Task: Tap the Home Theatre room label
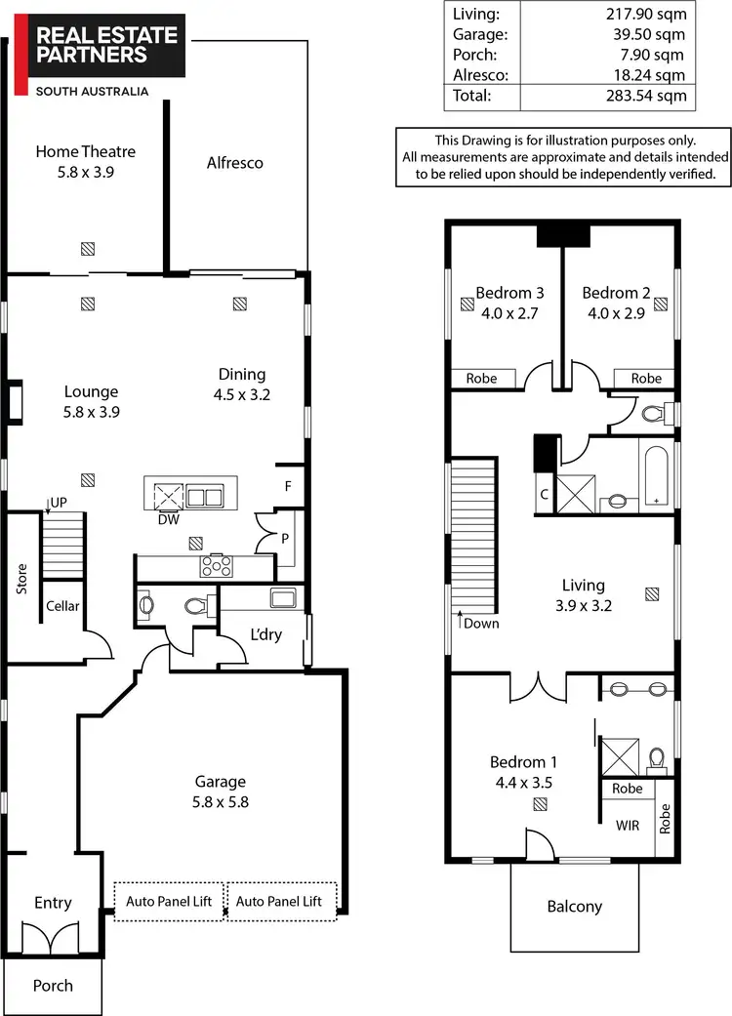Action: pyautogui.click(x=86, y=161)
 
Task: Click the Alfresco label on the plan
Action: pyautogui.click(x=235, y=163)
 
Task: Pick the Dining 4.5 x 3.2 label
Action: pyautogui.click(x=242, y=385)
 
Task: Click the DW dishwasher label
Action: pyautogui.click(x=169, y=519)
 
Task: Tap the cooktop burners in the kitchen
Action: pyautogui.click(x=215, y=566)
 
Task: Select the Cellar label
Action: pyautogui.click(x=62, y=606)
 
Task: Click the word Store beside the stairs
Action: pyautogui.click(x=21, y=579)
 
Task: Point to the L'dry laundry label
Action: pyautogui.click(x=266, y=634)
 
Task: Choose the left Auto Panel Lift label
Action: pyautogui.click(x=169, y=902)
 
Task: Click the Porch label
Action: pyautogui.click(x=53, y=985)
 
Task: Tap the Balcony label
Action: pyautogui.click(x=574, y=907)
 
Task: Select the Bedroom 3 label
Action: pyautogui.click(x=509, y=293)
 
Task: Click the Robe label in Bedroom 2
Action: pyautogui.click(x=646, y=379)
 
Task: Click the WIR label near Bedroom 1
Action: pyautogui.click(x=628, y=826)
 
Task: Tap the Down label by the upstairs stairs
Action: pyautogui.click(x=481, y=623)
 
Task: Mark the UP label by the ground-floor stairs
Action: pyautogui.click(x=59, y=502)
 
